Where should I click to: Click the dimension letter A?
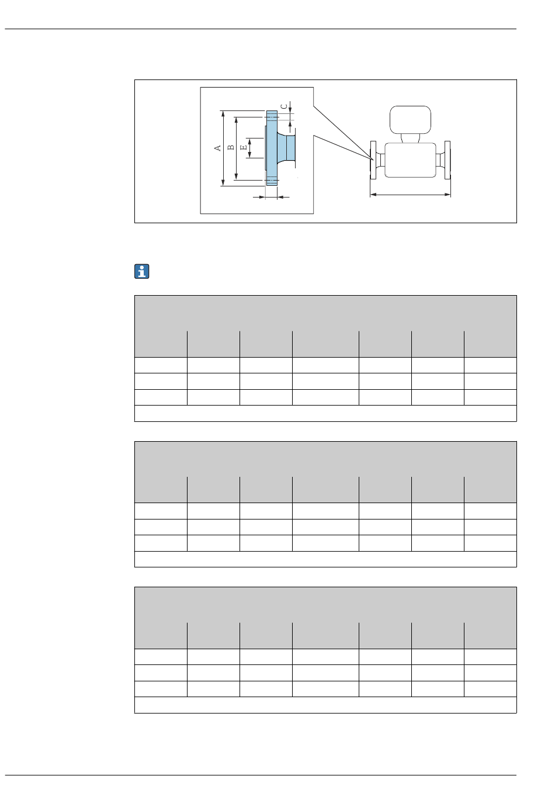point(217,148)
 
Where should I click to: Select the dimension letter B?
point(231,147)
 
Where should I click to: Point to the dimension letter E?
point(244,147)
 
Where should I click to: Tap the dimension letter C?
point(284,106)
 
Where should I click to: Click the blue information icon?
point(142,271)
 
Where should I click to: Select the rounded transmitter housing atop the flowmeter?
point(410,120)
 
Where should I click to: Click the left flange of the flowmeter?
point(373,160)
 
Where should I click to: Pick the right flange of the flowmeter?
point(447,160)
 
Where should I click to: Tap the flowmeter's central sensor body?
point(410,160)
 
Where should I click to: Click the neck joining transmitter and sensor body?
point(410,138)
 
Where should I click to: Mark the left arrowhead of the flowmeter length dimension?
point(373,195)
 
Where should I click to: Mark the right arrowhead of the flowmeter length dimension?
point(447,195)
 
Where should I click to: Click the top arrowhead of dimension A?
point(223,114)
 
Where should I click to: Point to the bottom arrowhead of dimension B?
point(236,176)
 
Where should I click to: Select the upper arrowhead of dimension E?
point(249,141)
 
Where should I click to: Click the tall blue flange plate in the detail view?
point(272,148)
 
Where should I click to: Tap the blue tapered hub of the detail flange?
point(286,148)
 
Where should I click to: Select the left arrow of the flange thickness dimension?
point(259,197)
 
